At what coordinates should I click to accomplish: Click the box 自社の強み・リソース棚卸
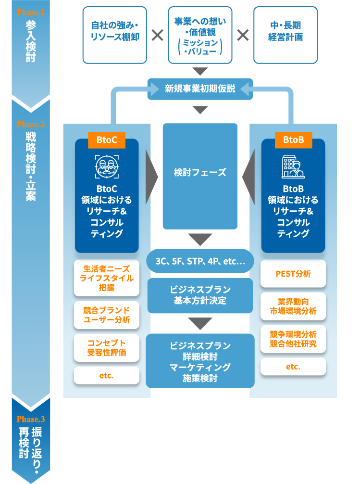(x=115, y=35)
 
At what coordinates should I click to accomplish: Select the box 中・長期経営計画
(x=286, y=35)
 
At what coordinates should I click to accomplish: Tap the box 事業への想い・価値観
(x=200, y=35)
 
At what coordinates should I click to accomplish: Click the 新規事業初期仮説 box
(x=200, y=89)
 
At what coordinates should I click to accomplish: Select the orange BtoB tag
(x=293, y=140)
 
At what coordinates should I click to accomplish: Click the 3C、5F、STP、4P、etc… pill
(x=200, y=262)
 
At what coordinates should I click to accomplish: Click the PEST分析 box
(x=293, y=274)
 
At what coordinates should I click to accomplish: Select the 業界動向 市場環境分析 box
(x=293, y=306)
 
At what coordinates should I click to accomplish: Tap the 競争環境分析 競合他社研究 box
(x=293, y=339)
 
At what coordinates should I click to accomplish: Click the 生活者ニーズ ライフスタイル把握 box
(x=107, y=278)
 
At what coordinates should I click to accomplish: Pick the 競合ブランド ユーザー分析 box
(x=107, y=315)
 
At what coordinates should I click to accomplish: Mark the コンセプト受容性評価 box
(x=107, y=347)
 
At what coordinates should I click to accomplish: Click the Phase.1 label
(x=30, y=11)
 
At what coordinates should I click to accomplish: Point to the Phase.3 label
(x=30, y=419)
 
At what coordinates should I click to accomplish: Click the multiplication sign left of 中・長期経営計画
(x=243, y=35)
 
